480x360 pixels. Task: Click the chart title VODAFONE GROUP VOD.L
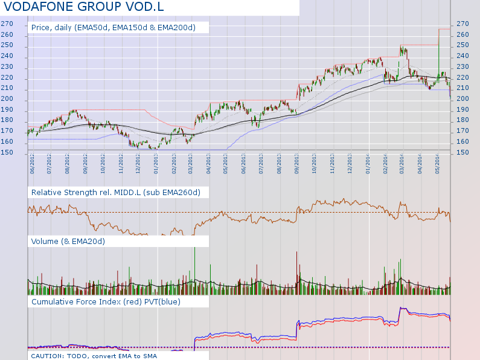(84, 7)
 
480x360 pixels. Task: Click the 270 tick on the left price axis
(7, 24)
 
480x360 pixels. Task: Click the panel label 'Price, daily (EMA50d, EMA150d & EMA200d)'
(113, 28)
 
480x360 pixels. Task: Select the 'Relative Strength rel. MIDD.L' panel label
(115, 192)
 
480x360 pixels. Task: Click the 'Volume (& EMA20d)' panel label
(68, 242)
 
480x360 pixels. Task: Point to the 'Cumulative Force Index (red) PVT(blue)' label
(106, 301)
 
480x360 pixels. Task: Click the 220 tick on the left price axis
(7, 78)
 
